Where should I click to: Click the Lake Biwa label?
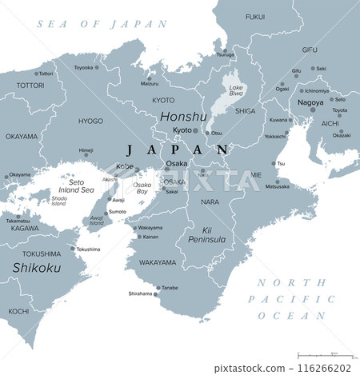(237, 92)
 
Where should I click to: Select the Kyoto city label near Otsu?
(182, 130)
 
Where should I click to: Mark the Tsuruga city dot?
(226, 50)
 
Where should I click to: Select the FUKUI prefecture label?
(254, 16)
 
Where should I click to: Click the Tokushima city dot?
(74, 249)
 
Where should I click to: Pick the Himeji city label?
(86, 150)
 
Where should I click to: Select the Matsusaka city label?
(278, 186)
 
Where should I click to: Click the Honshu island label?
(183, 116)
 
